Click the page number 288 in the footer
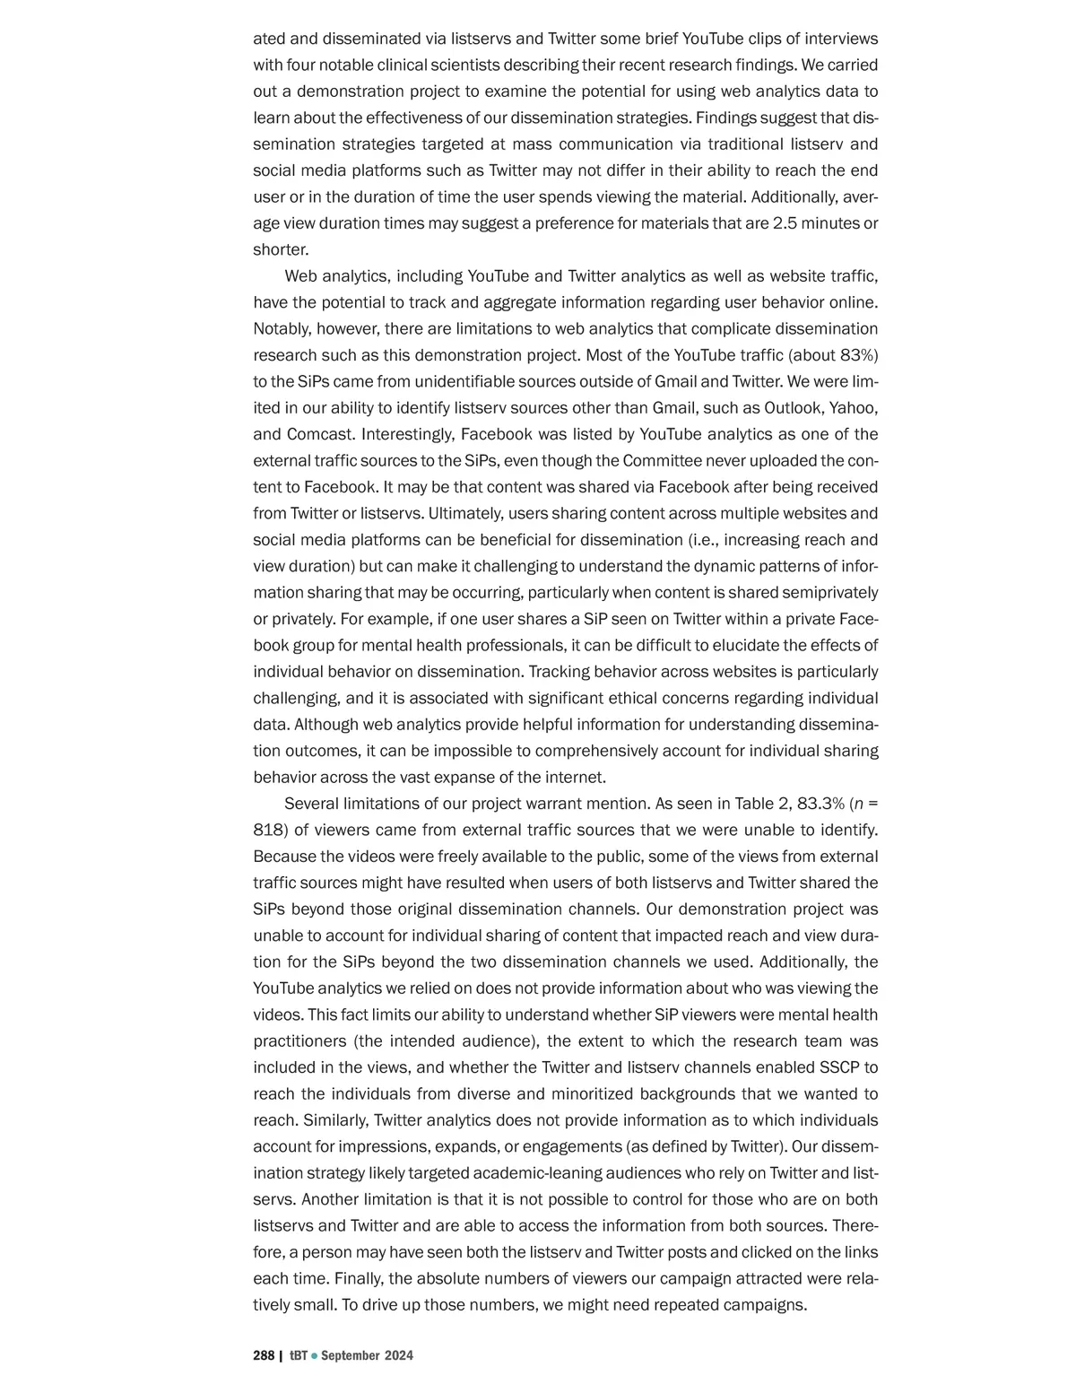pos(264,1355)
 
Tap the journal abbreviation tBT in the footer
pos(298,1355)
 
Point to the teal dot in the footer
pos(314,1355)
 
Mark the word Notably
pos(282,329)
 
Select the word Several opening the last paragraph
pos(313,803)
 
